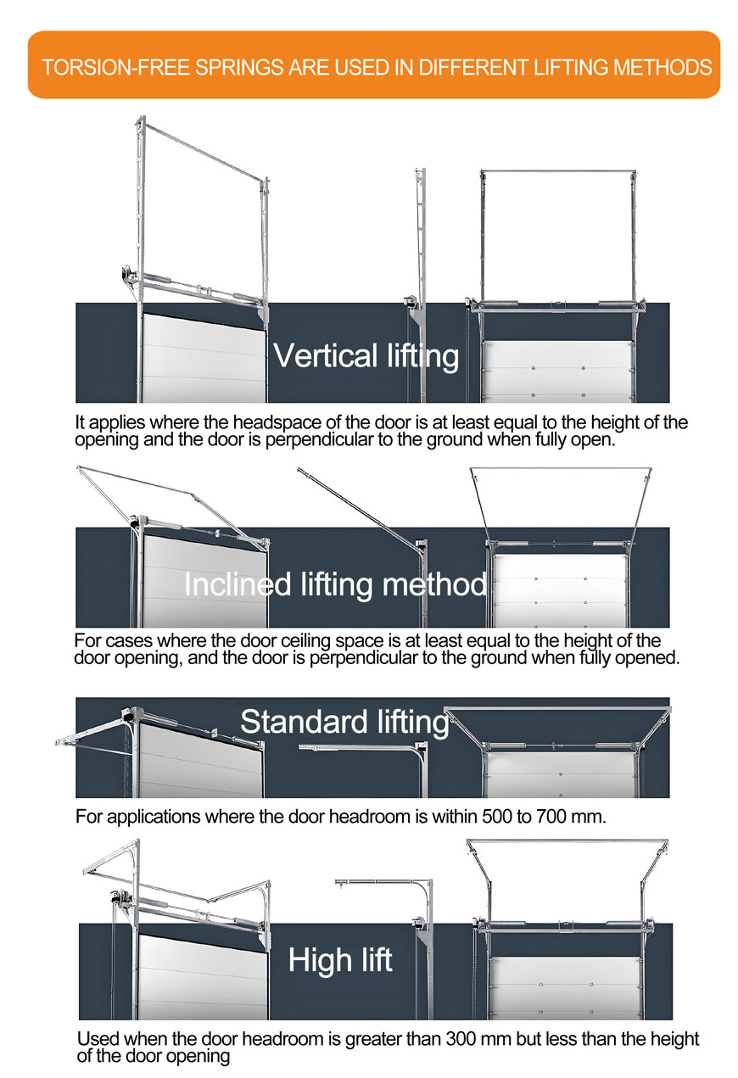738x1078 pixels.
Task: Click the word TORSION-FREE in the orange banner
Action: [x=115, y=67]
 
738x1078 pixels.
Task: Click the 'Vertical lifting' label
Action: [x=366, y=356]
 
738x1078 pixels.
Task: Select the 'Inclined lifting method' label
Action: [x=335, y=584]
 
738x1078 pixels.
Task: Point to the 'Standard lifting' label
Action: [x=344, y=722]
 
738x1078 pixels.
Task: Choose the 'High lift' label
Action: [x=340, y=959]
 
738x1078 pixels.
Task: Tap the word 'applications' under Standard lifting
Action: [x=154, y=817]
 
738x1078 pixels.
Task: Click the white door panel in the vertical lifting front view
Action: [x=558, y=371]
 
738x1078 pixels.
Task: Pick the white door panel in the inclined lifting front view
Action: [x=561, y=591]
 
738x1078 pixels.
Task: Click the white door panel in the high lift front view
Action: [x=566, y=987]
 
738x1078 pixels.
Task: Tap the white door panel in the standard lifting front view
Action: [x=561, y=775]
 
